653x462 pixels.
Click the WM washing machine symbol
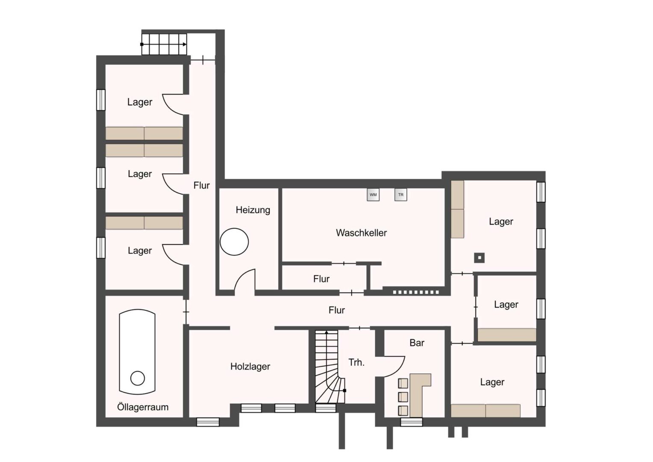point(373,195)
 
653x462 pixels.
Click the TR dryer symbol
point(401,195)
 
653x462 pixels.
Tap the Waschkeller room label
point(361,233)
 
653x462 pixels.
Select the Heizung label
point(253,210)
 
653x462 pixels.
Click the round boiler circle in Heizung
point(234,242)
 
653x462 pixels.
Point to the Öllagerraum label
point(143,407)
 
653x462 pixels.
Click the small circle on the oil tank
point(138,378)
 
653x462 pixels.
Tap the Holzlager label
point(250,367)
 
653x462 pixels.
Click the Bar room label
point(417,343)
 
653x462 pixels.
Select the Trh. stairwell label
point(356,362)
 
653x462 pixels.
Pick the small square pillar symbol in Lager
point(479,258)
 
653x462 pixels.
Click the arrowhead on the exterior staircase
point(185,44)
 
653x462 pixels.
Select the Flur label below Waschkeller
point(321,279)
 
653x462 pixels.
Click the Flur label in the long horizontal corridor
point(337,310)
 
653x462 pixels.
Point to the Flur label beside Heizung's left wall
point(201,185)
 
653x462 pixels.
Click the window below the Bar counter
point(412,422)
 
